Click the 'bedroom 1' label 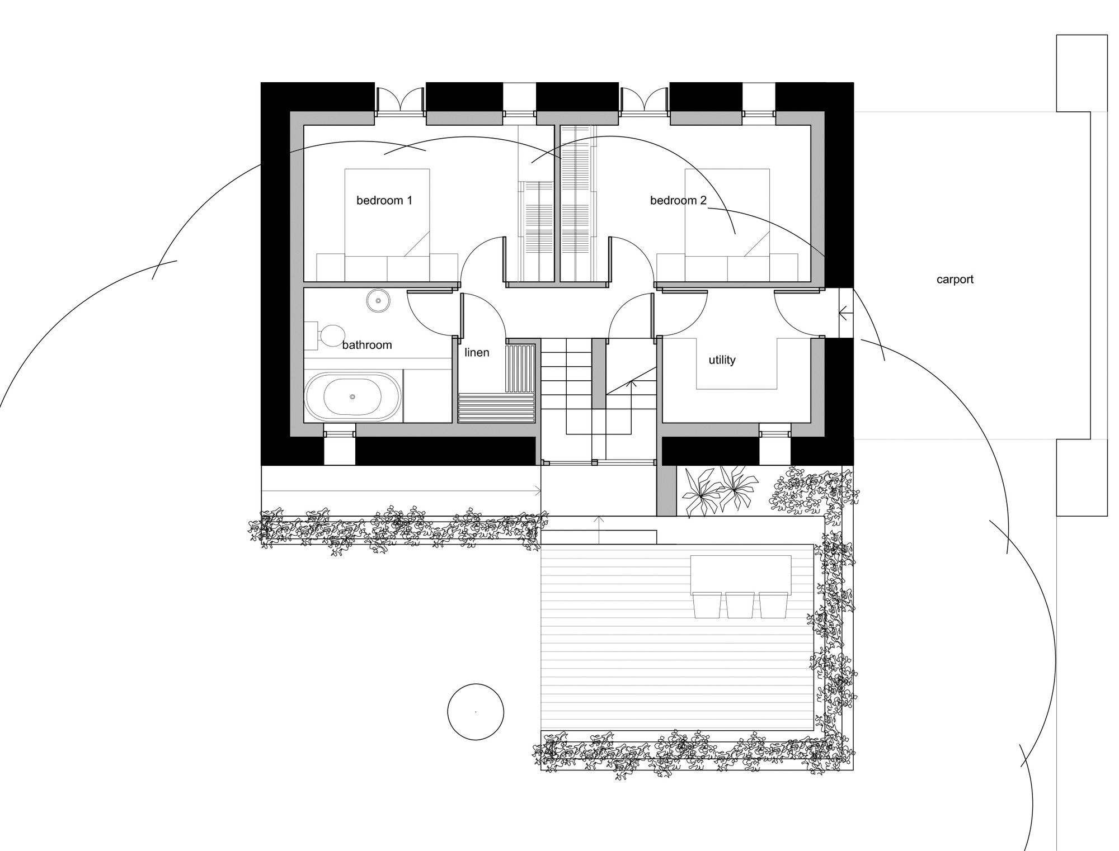384,200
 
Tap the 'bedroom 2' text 678,200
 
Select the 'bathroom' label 367,345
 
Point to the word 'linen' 477,352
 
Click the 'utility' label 722,360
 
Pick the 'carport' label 955,280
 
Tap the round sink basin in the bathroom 379,301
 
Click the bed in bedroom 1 387,225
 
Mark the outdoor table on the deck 741,574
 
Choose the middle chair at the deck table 740,605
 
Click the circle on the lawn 476,712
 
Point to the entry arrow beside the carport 845,313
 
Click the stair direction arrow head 633,384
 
